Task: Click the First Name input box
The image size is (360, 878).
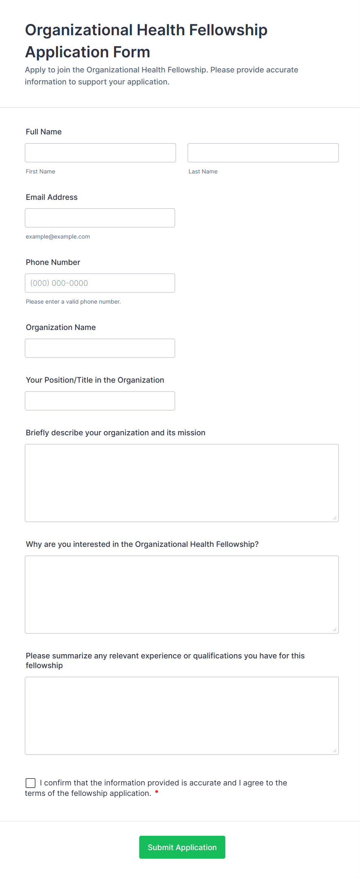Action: point(100,153)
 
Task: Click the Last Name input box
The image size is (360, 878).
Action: point(263,153)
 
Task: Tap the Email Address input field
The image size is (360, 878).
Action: point(100,218)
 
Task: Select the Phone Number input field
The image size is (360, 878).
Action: point(100,283)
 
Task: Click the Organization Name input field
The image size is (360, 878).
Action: point(100,348)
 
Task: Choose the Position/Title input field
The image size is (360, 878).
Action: point(100,401)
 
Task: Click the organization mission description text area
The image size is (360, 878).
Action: point(182,483)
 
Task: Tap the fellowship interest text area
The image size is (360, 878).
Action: point(182,594)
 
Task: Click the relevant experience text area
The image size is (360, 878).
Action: point(182,716)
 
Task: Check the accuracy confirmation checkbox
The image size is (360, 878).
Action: point(31,783)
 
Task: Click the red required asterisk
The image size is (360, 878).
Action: point(156,793)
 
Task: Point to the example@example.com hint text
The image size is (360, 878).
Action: point(58,237)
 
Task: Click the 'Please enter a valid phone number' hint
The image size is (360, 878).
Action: point(73,302)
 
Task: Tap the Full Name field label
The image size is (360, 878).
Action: point(44,132)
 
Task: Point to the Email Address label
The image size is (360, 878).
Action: point(51,197)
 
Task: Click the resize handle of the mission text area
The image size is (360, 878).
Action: point(335,518)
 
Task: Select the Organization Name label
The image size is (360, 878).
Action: point(61,327)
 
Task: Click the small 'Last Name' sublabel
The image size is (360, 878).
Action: point(203,172)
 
